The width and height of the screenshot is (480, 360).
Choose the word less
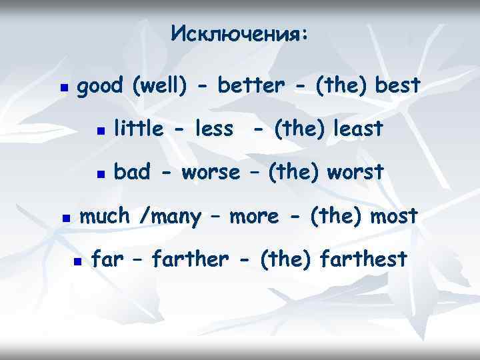click(211, 129)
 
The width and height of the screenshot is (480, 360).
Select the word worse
click(209, 173)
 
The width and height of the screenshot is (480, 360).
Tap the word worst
click(357, 173)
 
